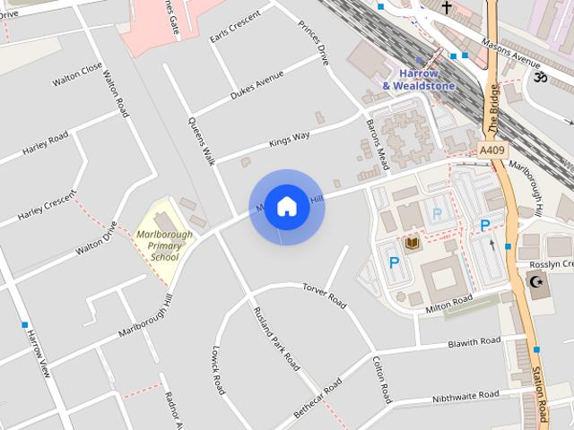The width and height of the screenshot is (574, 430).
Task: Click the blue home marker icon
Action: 286,206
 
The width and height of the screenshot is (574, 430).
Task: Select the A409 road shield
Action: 491,150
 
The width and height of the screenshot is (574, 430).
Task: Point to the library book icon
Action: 412,244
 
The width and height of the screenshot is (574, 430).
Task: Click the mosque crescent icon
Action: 536,283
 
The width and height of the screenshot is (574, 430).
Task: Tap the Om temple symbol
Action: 540,78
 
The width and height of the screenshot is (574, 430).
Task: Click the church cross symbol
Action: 446,8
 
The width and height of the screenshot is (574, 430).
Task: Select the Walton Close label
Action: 78,75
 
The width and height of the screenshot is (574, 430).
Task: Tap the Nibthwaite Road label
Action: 465,395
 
